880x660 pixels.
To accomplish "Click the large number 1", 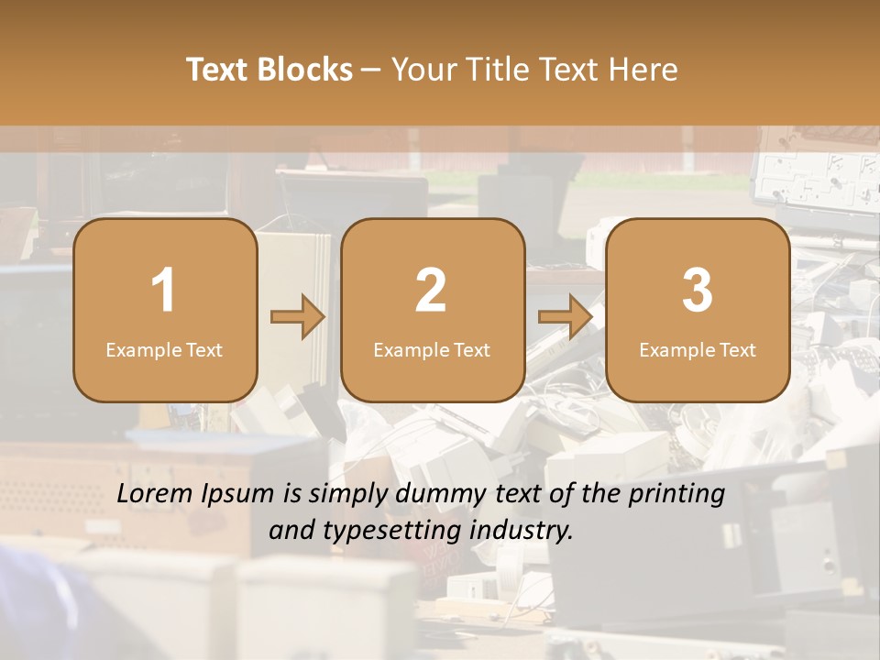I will [x=164, y=291].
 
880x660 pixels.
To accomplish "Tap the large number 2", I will [x=431, y=291].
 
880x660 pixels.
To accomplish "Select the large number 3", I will [x=698, y=291].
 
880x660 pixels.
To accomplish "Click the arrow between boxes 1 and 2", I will [x=298, y=317].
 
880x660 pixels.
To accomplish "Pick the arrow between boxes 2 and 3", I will [x=566, y=317].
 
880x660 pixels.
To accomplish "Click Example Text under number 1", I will [x=164, y=350].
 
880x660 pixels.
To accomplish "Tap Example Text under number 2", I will [x=432, y=350].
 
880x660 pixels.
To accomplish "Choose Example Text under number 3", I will [x=698, y=350].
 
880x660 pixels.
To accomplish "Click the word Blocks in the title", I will [x=305, y=70].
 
